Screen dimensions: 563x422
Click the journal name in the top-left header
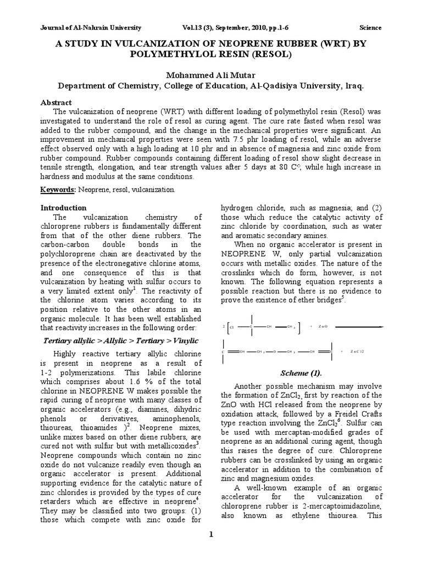(91, 27)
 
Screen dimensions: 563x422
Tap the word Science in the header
(370, 27)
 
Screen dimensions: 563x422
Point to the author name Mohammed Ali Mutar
(211, 75)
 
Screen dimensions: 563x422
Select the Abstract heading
(57, 102)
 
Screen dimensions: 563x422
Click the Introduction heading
(64, 208)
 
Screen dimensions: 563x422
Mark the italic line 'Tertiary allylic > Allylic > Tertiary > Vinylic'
(121, 341)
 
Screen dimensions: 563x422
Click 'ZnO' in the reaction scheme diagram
(322, 327)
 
